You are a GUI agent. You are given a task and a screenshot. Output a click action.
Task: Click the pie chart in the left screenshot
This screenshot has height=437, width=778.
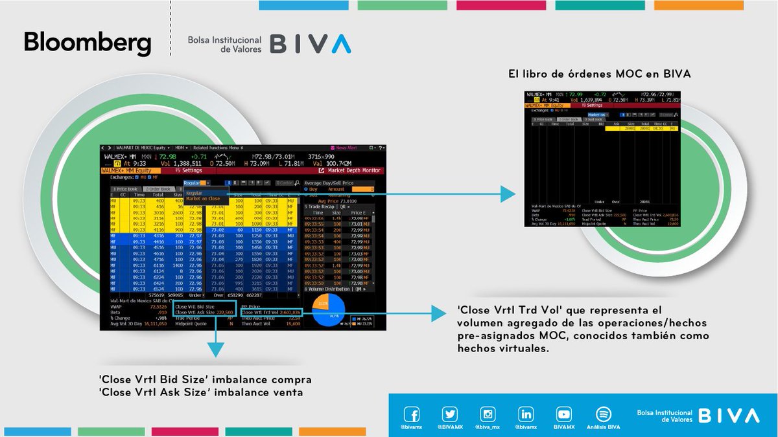329,311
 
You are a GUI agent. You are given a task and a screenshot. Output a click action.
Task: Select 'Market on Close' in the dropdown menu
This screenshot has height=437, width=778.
203,199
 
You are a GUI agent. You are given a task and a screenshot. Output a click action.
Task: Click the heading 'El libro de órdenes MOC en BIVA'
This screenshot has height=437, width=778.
599,75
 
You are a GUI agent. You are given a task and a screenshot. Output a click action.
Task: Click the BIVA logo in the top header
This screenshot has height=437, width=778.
311,44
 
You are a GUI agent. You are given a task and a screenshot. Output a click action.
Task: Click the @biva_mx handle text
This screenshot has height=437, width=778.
488,427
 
